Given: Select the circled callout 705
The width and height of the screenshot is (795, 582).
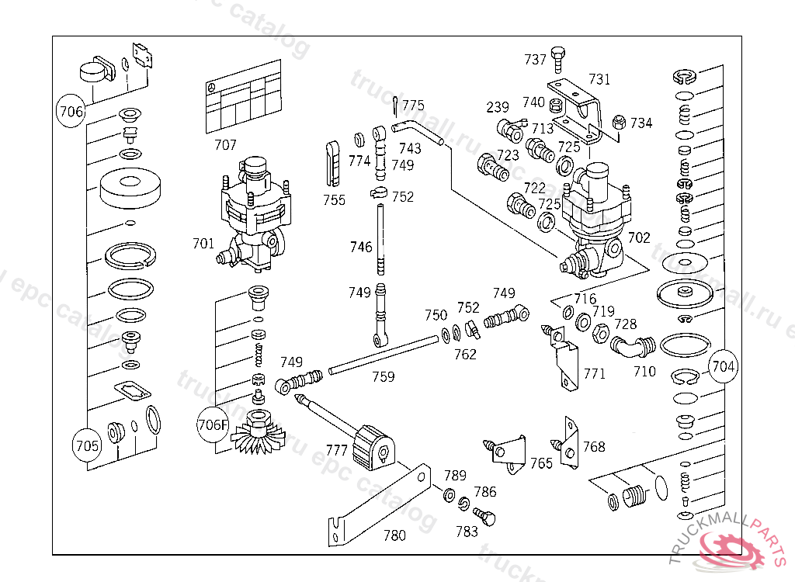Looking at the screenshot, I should [87, 446].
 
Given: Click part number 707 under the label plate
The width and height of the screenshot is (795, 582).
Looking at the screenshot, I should [225, 145].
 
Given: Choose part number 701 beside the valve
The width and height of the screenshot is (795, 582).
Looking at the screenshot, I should [203, 244].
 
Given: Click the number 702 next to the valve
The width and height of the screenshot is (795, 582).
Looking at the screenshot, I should [639, 238].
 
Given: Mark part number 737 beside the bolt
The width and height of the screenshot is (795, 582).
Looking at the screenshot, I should [535, 60].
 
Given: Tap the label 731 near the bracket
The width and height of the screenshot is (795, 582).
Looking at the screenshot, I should [599, 79].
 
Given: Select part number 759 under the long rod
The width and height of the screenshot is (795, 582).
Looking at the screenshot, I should [383, 377].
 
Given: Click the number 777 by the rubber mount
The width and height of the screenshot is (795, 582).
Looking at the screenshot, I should [336, 450].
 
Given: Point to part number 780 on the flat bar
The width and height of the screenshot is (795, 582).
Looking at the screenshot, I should [394, 535].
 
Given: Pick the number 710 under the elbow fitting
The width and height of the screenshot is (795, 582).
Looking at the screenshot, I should [644, 372].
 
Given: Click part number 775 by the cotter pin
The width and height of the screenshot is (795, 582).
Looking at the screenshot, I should [413, 106].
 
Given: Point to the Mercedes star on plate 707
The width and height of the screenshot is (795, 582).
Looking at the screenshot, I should [209, 89].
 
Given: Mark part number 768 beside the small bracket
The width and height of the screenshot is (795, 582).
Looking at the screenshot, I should [594, 447].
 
